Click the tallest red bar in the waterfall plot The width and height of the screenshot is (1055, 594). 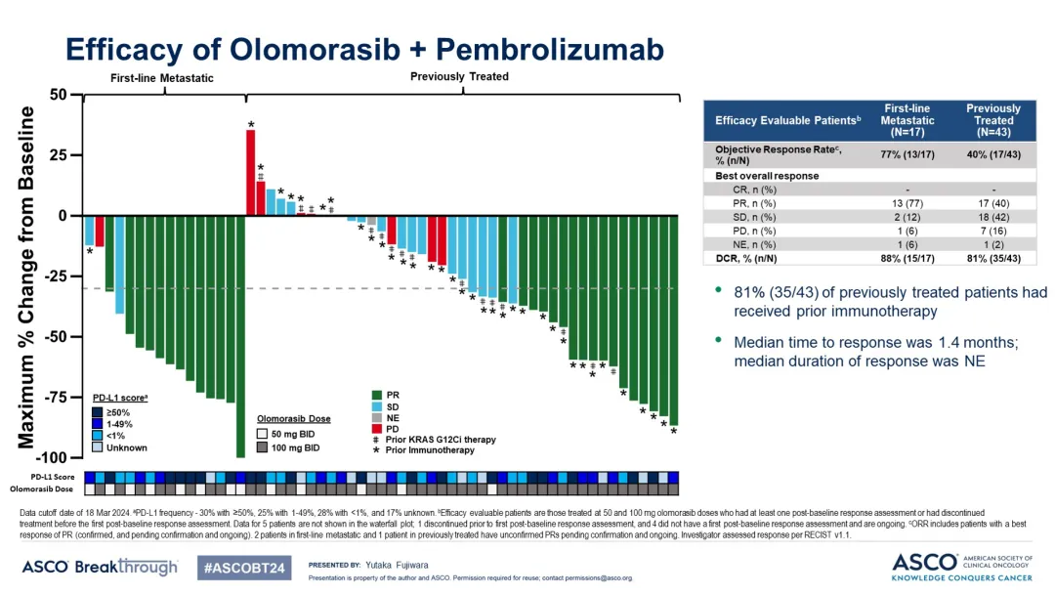click(x=250, y=172)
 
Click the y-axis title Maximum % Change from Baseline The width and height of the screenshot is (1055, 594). click(x=26, y=276)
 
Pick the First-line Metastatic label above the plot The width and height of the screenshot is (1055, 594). click(x=160, y=78)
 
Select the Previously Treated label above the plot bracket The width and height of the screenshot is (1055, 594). click(x=459, y=77)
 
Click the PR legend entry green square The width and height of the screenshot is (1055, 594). click(x=377, y=395)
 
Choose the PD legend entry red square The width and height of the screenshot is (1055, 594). click(x=377, y=429)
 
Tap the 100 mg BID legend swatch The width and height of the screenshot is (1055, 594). click(x=262, y=447)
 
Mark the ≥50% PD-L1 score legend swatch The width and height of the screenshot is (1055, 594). click(x=98, y=412)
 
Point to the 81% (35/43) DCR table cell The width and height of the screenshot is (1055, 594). click(x=992, y=258)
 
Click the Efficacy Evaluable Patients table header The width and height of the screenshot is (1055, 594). click(x=787, y=120)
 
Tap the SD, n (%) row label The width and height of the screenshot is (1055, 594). click(x=756, y=217)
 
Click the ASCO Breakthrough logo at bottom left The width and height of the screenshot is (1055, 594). click(x=100, y=567)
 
